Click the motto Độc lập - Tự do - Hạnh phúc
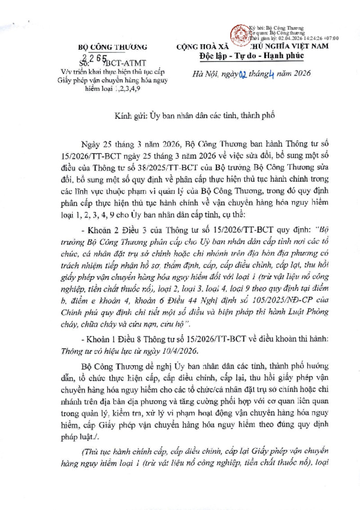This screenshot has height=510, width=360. coord(252,55)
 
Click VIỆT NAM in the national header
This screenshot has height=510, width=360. coord(308,46)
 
